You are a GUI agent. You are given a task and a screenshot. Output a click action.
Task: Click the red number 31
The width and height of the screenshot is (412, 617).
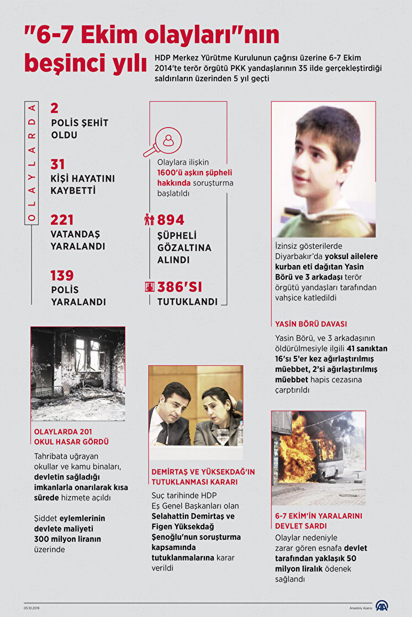point(57,165)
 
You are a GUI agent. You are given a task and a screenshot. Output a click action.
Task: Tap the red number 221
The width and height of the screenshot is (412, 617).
point(62,220)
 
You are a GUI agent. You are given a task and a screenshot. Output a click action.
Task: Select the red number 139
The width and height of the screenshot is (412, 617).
point(62,276)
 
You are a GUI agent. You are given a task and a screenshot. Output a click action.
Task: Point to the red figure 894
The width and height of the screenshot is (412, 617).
point(171,220)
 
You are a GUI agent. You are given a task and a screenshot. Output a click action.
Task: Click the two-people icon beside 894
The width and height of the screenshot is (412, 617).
point(149,220)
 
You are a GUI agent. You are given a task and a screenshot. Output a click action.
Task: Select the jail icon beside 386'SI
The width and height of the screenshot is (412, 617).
point(149,287)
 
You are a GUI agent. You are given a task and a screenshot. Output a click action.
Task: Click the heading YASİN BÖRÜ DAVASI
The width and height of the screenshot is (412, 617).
point(311,324)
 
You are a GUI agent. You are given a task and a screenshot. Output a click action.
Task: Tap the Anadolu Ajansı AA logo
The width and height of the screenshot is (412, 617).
point(382,605)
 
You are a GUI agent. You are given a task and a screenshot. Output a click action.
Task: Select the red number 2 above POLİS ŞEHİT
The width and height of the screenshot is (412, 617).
point(54,108)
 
